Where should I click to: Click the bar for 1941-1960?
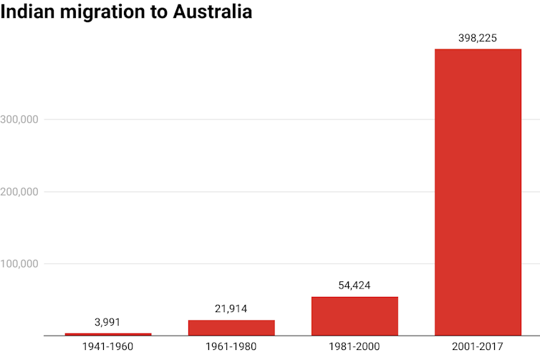coord(108,334)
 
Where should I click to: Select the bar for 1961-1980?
coord(231,327)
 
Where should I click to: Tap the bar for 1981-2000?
coord(355,316)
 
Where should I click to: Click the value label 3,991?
coord(108,322)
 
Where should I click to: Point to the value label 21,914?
coord(231,308)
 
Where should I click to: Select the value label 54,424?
coord(355,285)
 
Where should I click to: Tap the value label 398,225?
coord(478,37)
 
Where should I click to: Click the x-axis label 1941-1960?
coord(108,347)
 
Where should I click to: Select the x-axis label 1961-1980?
coord(231,347)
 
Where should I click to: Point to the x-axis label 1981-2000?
coord(355,347)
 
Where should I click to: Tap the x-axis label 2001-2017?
coord(478,347)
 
